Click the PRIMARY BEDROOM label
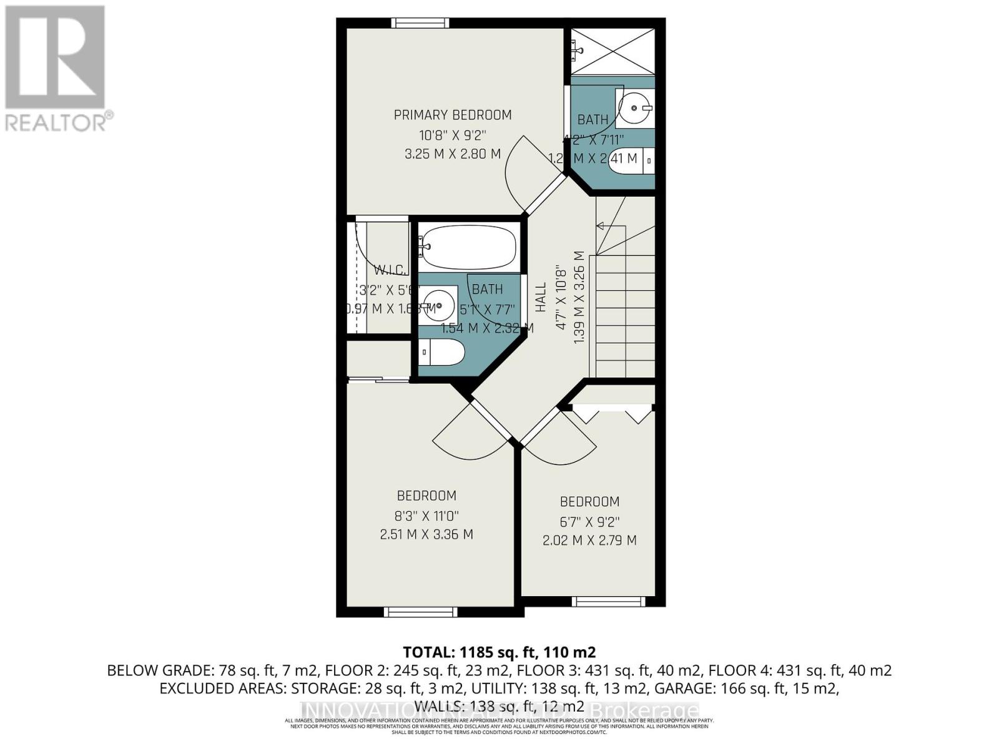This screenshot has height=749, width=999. (453, 115)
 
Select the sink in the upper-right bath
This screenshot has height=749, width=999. (635, 108)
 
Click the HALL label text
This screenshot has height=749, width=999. (541, 297)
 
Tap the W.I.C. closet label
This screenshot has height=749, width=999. (391, 270)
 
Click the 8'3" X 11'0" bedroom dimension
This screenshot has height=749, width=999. (427, 516)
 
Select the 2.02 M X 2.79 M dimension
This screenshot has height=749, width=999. (589, 540)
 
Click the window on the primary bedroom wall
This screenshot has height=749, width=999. (420, 23)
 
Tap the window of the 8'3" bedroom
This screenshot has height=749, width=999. (420, 612)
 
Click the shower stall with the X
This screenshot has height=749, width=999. (613, 51)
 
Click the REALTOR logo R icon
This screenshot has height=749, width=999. (55, 57)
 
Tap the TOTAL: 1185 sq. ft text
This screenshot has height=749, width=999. (499, 653)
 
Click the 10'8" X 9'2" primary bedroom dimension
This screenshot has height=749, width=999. (453, 134)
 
